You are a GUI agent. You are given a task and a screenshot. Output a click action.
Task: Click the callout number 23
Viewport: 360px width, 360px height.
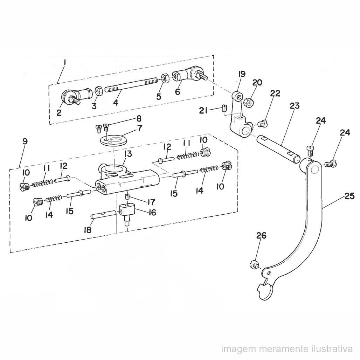click(295, 106)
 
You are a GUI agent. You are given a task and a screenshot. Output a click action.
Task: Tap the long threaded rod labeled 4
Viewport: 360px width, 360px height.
click(131, 85)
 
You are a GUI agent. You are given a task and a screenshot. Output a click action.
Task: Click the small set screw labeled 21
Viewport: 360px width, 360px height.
click(224, 108)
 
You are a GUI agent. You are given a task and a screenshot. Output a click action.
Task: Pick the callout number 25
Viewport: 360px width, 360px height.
click(349, 196)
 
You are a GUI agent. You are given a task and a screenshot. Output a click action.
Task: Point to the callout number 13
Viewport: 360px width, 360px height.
click(128, 154)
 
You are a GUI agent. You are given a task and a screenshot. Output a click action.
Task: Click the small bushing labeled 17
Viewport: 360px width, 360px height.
click(126, 197)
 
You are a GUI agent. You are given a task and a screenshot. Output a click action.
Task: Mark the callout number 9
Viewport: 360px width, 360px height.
click(25, 141)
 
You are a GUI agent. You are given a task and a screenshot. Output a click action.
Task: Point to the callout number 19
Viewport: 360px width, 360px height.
click(242, 74)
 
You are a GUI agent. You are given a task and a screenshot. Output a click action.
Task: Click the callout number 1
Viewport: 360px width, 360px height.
click(65, 62)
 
